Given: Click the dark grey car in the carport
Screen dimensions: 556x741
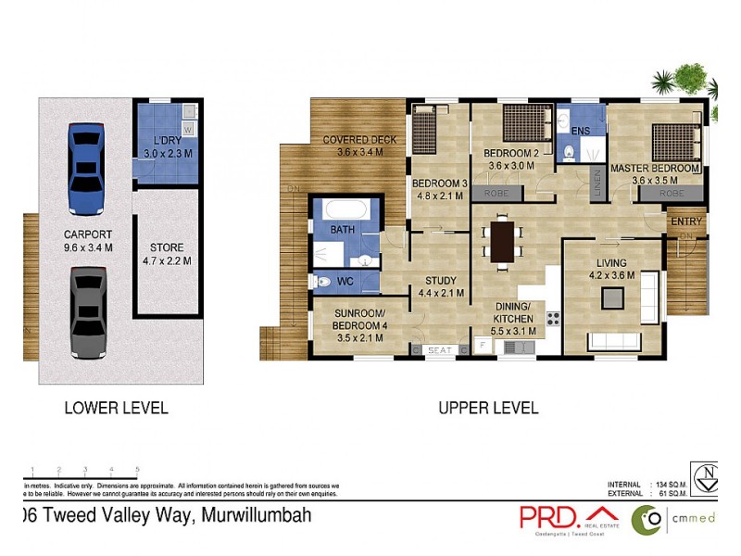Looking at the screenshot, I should (84, 313).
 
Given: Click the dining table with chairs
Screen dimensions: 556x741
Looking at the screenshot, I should (503, 241).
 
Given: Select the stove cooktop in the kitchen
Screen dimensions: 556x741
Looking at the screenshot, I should (553, 319).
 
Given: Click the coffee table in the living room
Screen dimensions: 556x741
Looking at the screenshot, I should (612, 297).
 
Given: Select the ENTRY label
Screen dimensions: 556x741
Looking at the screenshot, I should (686, 221).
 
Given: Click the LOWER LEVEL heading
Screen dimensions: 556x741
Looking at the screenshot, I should (116, 408).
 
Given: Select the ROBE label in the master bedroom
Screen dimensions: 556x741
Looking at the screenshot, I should (672, 194).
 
